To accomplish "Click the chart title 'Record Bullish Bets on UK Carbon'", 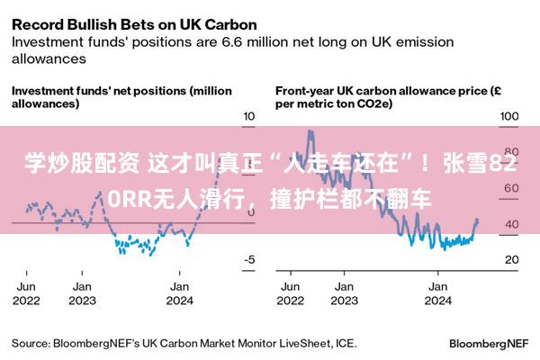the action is click(x=134, y=25).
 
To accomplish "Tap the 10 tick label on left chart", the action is click(x=249, y=116).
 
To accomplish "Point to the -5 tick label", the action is click(x=249, y=259).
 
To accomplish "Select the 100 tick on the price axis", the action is click(x=509, y=116).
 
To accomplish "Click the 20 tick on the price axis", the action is click(x=512, y=259).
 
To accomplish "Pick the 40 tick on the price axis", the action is click(x=512, y=224).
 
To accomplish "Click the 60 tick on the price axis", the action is click(x=512, y=188).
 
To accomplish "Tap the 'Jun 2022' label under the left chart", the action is click(x=26, y=293).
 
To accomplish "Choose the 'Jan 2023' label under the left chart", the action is click(x=82, y=293).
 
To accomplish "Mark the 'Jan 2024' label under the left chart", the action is click(x=179, y=293).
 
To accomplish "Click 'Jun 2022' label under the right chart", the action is click(x=291, y=293).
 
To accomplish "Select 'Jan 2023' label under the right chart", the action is click(x=345, y=293).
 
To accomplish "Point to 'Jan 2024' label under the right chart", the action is click(x=438, y=293).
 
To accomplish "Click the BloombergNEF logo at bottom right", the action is click(x=489, y=344).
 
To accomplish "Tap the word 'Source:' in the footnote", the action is click(x=31, y=344).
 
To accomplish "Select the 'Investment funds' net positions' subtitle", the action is click(x=99, y=91).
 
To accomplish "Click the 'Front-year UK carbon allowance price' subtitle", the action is click(x=382, y=91).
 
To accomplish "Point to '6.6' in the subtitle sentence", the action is click(x=233, y=42).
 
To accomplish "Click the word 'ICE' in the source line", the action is click(x=345, y=344).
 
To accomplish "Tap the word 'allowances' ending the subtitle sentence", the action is click(x=49, y=58).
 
